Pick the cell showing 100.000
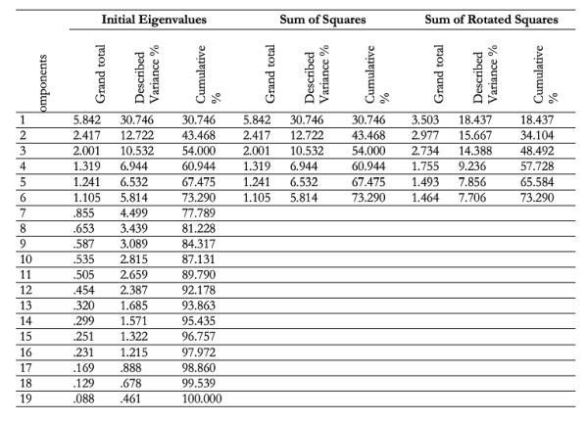click(202, 399)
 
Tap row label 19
click(25, 399)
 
